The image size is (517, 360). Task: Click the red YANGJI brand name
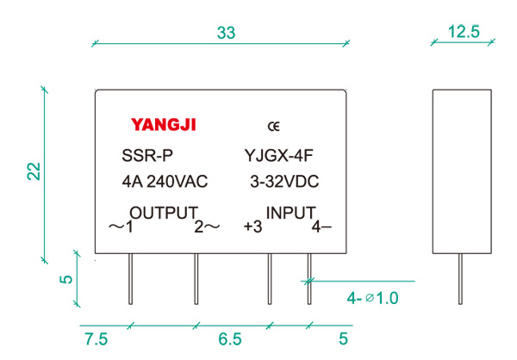click(164, 125)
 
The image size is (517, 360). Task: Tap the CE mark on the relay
click(273, 126)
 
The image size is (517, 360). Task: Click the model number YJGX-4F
click(278, 157)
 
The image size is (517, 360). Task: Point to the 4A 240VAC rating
click(165, 183)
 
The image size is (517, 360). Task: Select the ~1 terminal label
click(121, 227)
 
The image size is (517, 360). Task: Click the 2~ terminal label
click(206, 227)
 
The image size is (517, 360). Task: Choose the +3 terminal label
click(252, 227)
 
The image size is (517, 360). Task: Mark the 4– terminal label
click(321, 227)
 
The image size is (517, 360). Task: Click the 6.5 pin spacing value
click(230, 339)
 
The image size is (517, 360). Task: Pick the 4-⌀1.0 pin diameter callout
click(373, 299)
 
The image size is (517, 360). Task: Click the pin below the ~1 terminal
click(129, 280)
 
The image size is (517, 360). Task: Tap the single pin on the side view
click(456, 280)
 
